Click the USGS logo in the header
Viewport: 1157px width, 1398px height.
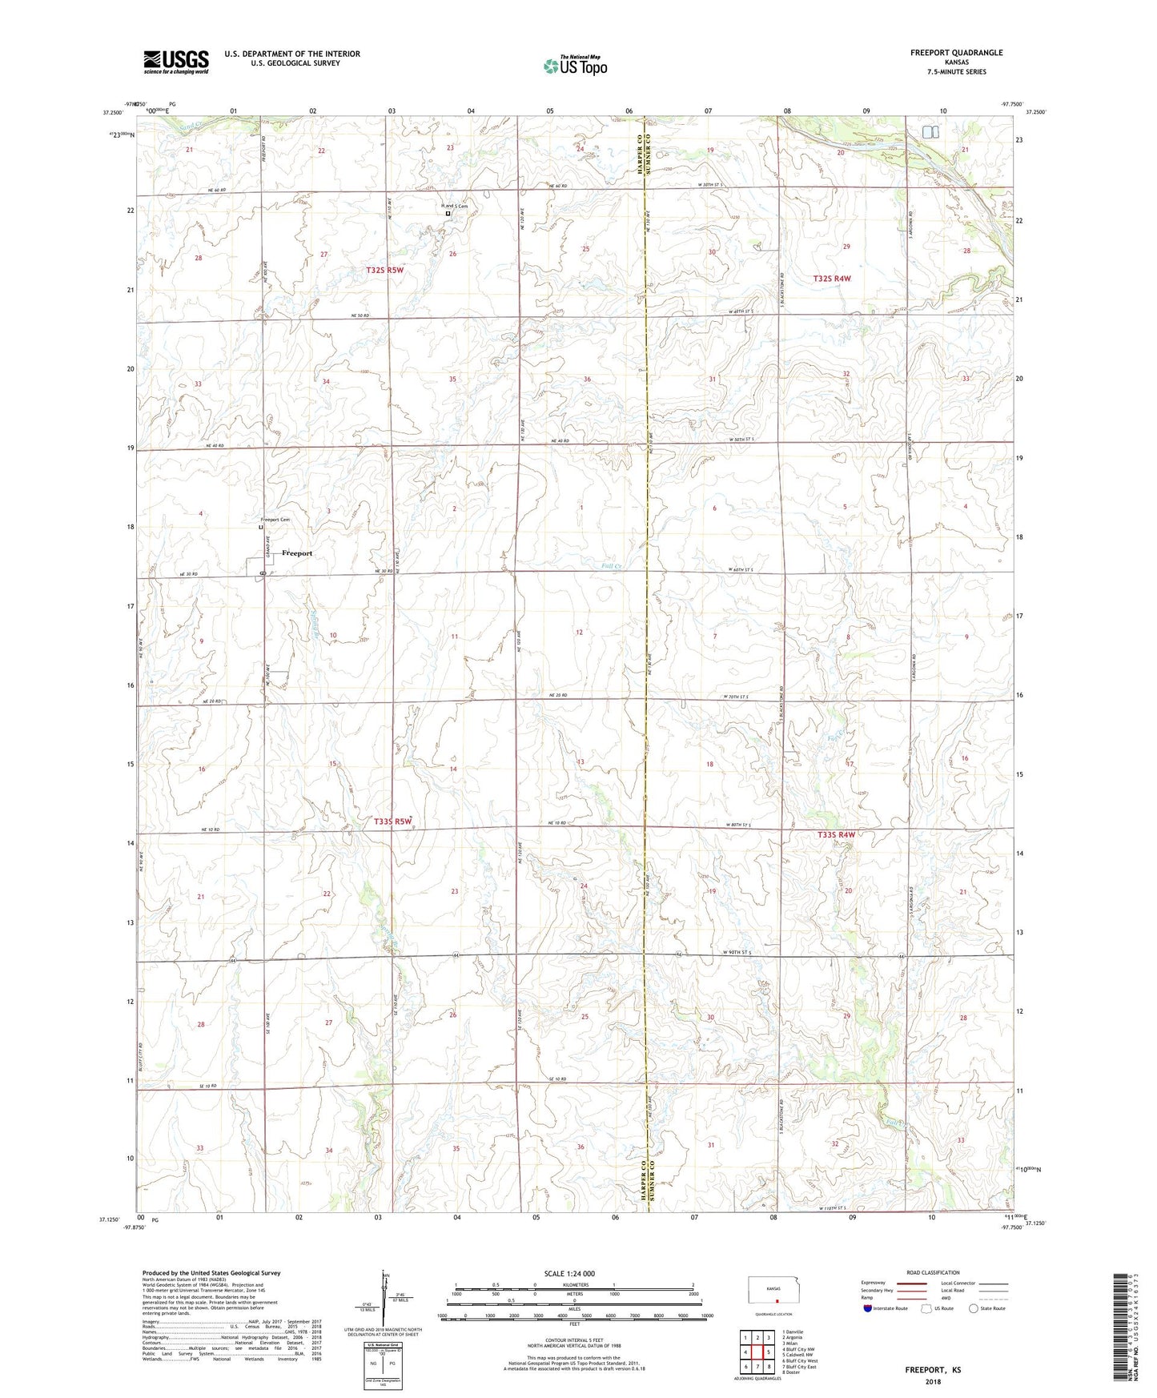[x=175, y=62]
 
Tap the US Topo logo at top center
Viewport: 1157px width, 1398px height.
[x=575, y=66]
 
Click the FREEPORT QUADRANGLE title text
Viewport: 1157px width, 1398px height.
[x=956, y=53]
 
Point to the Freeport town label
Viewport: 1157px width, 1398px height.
[x=297, y=553]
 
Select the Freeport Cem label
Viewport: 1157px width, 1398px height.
[x=275, y=520]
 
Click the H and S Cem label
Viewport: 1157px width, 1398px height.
[x=455, y=206]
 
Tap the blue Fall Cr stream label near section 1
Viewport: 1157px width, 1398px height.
[x=612, y=565]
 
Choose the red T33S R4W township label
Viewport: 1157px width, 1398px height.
[x=836, y=834]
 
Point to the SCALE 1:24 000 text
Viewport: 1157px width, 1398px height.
[x=568, y=1273]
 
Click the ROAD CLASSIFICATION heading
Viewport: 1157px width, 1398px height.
[x=932, y=1272]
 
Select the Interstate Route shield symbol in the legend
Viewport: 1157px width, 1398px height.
[x=868, y=1308]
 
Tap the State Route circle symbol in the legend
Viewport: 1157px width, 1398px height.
[x=974, y=1308]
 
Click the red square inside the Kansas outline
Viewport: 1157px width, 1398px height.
[x=776, y=1301]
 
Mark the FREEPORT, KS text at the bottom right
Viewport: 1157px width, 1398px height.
[x=933, y=1370]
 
